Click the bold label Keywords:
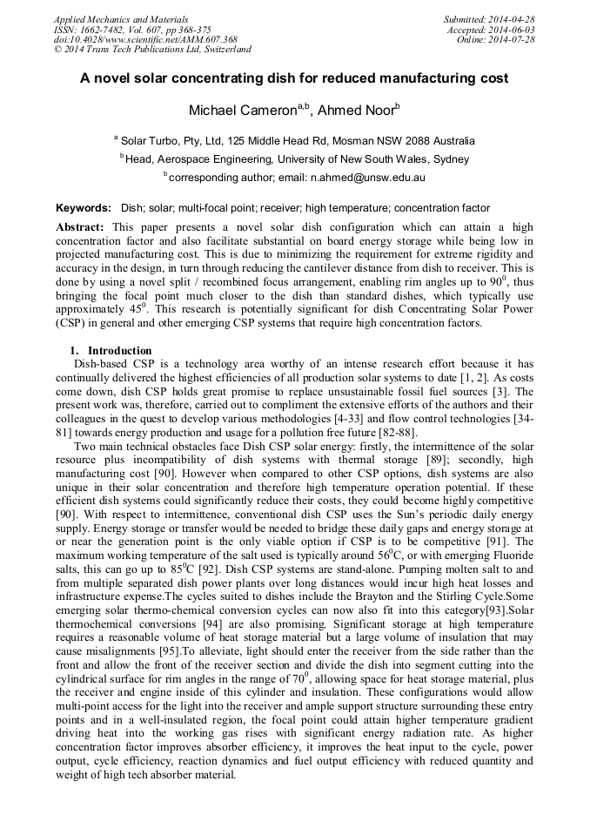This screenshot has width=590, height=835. [x=84, y=208]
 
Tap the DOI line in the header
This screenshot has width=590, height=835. [x=145, y=40]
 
